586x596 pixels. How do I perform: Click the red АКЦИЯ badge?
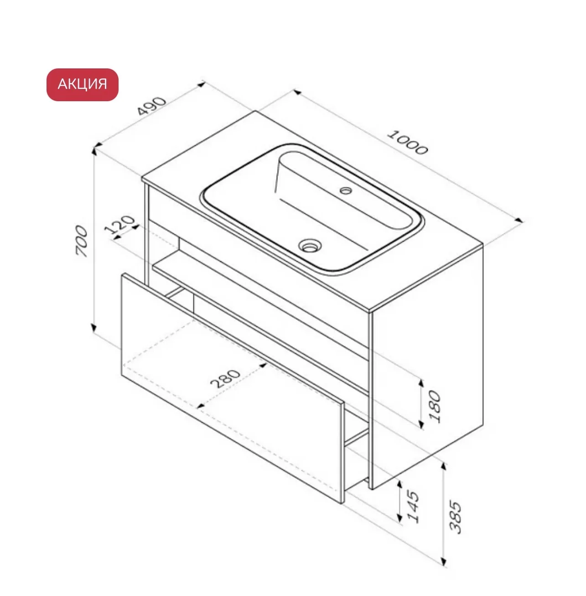tap(82, 84)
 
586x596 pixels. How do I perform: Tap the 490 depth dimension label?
tap(151, 106)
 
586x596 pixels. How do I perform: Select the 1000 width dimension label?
tap(408, 143)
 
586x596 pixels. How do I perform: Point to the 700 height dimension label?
tap(82, 241)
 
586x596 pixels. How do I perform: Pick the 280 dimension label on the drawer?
tap(225, 378)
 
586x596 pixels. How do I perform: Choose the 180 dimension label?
tap(435, 407)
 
